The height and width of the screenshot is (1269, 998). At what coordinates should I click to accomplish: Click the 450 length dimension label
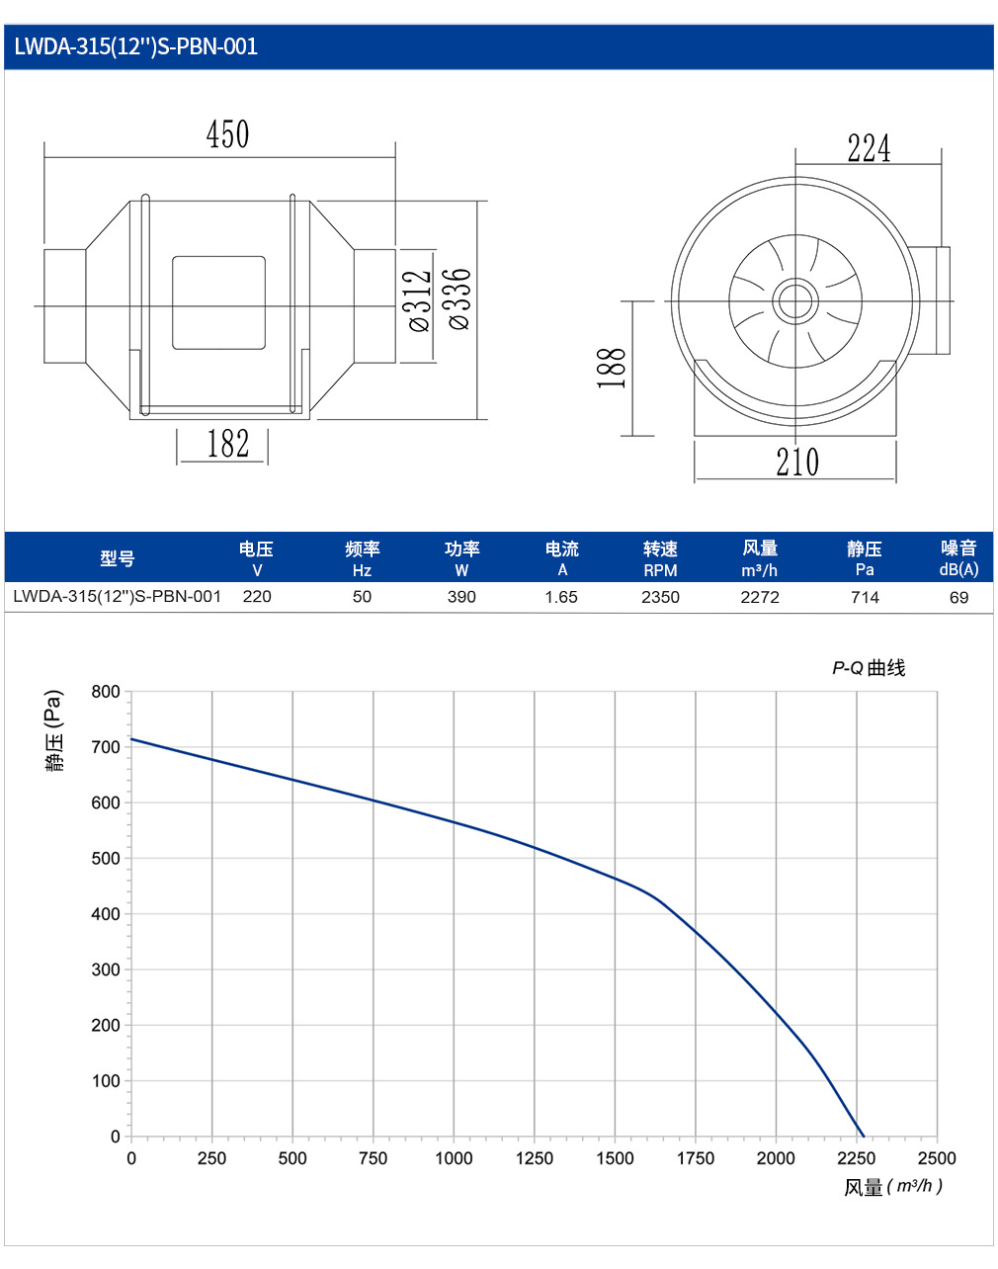pyautogui.click(x=227, y=134)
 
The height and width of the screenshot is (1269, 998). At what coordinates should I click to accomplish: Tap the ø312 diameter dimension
pyautogui.click(x=420, y=300)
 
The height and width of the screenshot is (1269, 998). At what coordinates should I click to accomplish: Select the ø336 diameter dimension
pyautogui.click(x=459, y=299)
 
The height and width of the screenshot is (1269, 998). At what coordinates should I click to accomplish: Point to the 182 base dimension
pyautogui.click(x=227, y=444)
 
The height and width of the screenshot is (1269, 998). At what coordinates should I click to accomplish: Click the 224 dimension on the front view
pyautogui.click(x=869, y=148)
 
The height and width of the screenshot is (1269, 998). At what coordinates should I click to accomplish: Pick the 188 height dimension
pyautogui.click(x=612, y=368)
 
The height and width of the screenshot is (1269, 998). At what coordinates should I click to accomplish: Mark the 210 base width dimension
pyautogui.click(x=797, y=462)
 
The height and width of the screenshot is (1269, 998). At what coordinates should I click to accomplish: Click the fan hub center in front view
pyautogui.click(x=795, y=300)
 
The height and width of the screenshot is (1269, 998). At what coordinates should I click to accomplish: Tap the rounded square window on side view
pyautogui.click(x=218, y=302)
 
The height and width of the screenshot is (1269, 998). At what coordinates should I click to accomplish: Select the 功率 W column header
pyautogui.click(x=461, y=558)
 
